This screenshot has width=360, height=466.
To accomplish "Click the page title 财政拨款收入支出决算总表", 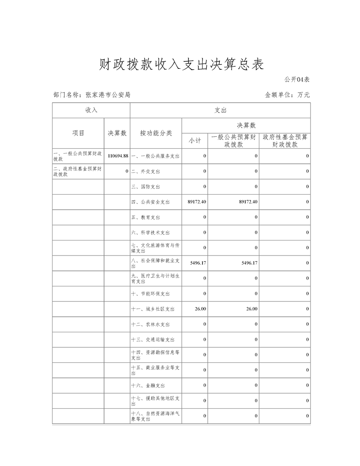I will pyautogui.click(x=181, y=65).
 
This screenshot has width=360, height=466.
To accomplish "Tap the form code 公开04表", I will pyautogui.click(x=296, y=79).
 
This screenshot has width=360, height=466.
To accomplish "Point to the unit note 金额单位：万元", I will pyautogui.click(x=287, y=94).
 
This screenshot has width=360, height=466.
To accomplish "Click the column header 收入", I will pyautogui.click(x=91, y=110).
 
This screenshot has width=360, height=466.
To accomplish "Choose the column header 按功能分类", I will pyautogui.click(x=156, y=133).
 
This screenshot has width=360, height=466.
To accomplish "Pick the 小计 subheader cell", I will pyautogui.click(x=195, y=140).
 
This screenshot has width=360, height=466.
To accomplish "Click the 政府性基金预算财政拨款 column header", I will pyautogui.click(x=285, y=140).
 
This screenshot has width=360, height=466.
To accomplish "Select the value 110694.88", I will pyautogui.click(x=117, y=156).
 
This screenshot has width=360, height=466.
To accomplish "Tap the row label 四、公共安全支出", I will pyautogui.click(x=150, y=202).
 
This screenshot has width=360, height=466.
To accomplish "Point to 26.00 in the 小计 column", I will pyautogui.click(x=200, y=309).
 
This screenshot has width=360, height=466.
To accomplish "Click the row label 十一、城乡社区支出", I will pyautogui.click(x=153, y=309).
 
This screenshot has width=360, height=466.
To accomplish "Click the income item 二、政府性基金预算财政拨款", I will pyautogui.click(x=78, y=171).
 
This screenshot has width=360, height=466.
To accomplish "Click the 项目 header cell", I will pyautogui.click(x=78, y=133).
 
